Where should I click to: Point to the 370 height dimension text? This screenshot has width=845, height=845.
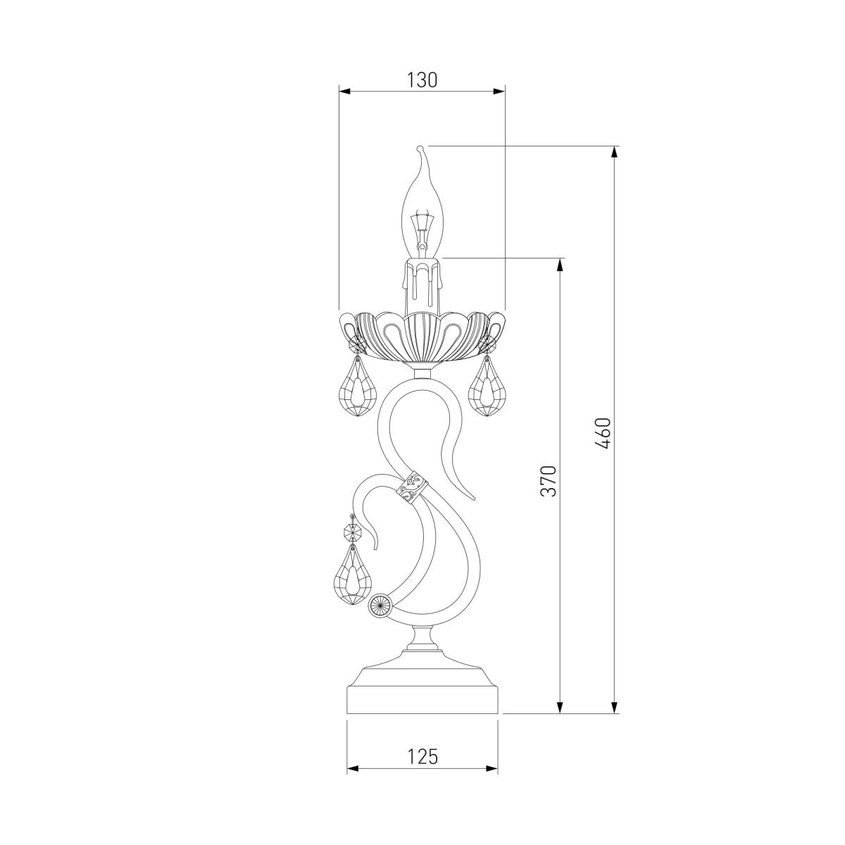[x=549, y=481]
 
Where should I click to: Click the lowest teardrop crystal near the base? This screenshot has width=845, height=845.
[x=352, y=578]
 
